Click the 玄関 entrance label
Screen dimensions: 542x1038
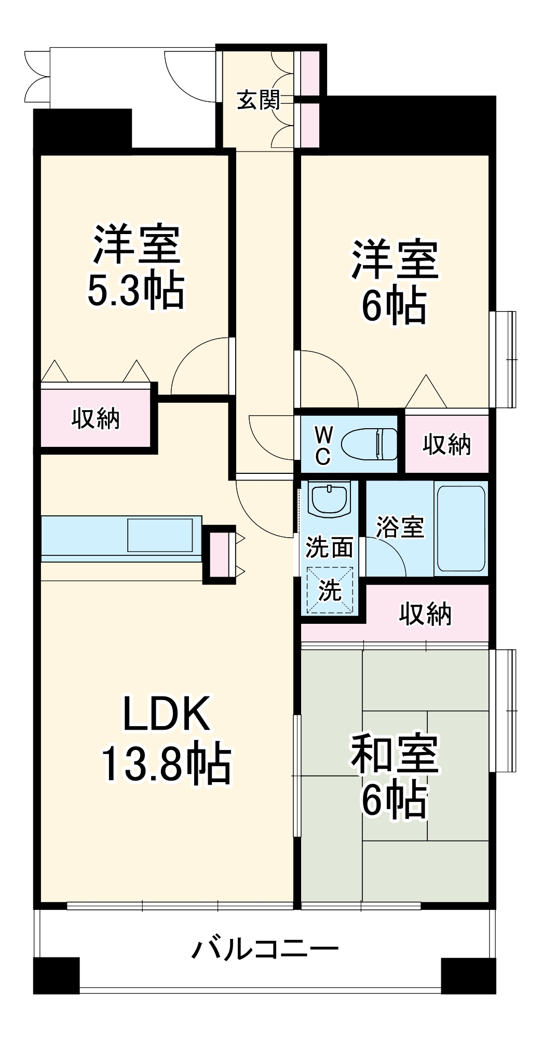259,100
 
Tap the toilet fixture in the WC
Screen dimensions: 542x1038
369,444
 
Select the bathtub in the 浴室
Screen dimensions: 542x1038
461,528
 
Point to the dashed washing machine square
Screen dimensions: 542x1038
330,590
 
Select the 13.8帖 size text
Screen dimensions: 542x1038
166,763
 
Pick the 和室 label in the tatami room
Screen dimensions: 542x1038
395,753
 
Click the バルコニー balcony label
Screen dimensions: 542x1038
265,949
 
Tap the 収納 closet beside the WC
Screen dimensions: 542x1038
446,444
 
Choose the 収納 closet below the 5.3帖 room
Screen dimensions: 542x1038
96,418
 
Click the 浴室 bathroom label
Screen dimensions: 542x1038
400,527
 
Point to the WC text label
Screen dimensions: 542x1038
323,445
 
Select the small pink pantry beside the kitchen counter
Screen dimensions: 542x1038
218,554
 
